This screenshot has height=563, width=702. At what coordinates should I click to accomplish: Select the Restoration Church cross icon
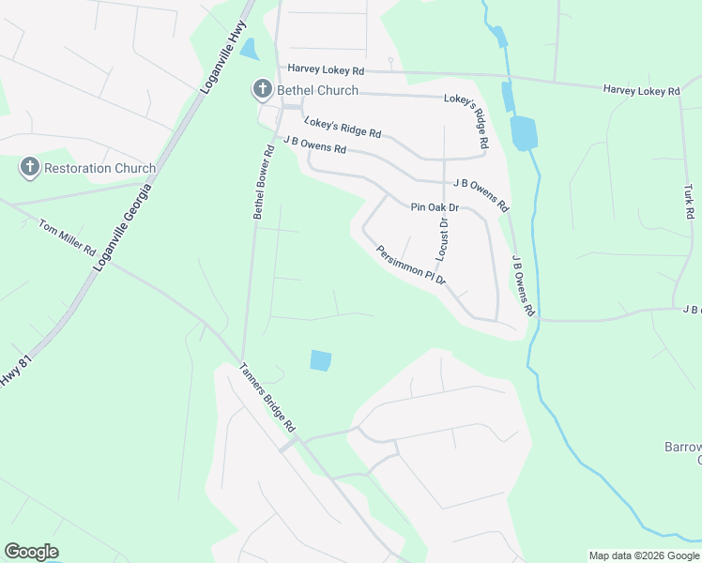coord(29,168)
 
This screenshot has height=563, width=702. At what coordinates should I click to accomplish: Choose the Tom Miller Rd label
coord(67,239)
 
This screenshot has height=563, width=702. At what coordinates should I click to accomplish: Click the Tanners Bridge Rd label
coord(267,397)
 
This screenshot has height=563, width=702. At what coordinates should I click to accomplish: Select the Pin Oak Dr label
coord(435,206)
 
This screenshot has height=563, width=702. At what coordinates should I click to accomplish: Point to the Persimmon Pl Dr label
coord(411,266)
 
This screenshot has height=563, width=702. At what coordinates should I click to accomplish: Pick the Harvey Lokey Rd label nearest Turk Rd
coord(641,89)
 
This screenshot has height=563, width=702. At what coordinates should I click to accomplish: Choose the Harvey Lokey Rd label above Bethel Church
coord(326,69)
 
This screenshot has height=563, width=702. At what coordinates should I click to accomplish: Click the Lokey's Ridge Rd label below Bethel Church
coord(343,127)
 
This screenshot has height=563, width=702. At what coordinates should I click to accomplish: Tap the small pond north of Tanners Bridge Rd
coord(320,360)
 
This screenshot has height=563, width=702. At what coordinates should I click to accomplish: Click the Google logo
coord(31,552)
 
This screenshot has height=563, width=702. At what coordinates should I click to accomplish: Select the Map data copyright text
coord(644,555)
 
